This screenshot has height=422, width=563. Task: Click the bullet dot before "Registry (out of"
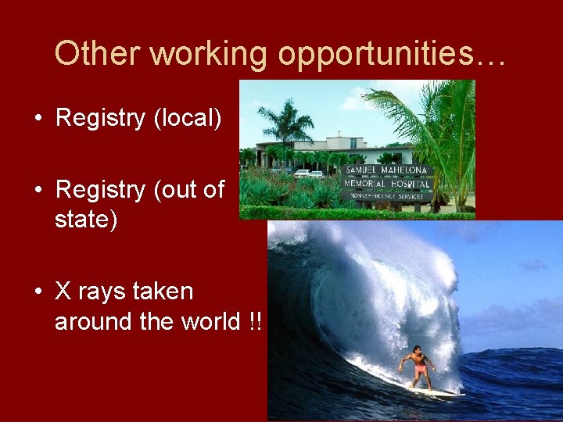(x=38, y=191)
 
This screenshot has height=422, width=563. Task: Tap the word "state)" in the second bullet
(x=86, y=220)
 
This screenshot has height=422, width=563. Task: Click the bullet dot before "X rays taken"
(x=38, y=292)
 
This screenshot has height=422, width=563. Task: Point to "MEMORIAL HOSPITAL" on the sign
(x=386, y=184)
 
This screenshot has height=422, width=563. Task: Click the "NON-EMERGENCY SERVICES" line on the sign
(x=386, y=195)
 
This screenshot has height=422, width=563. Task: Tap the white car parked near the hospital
(x=301, y=173)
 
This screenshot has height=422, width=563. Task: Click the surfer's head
(x=415, y=349)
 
